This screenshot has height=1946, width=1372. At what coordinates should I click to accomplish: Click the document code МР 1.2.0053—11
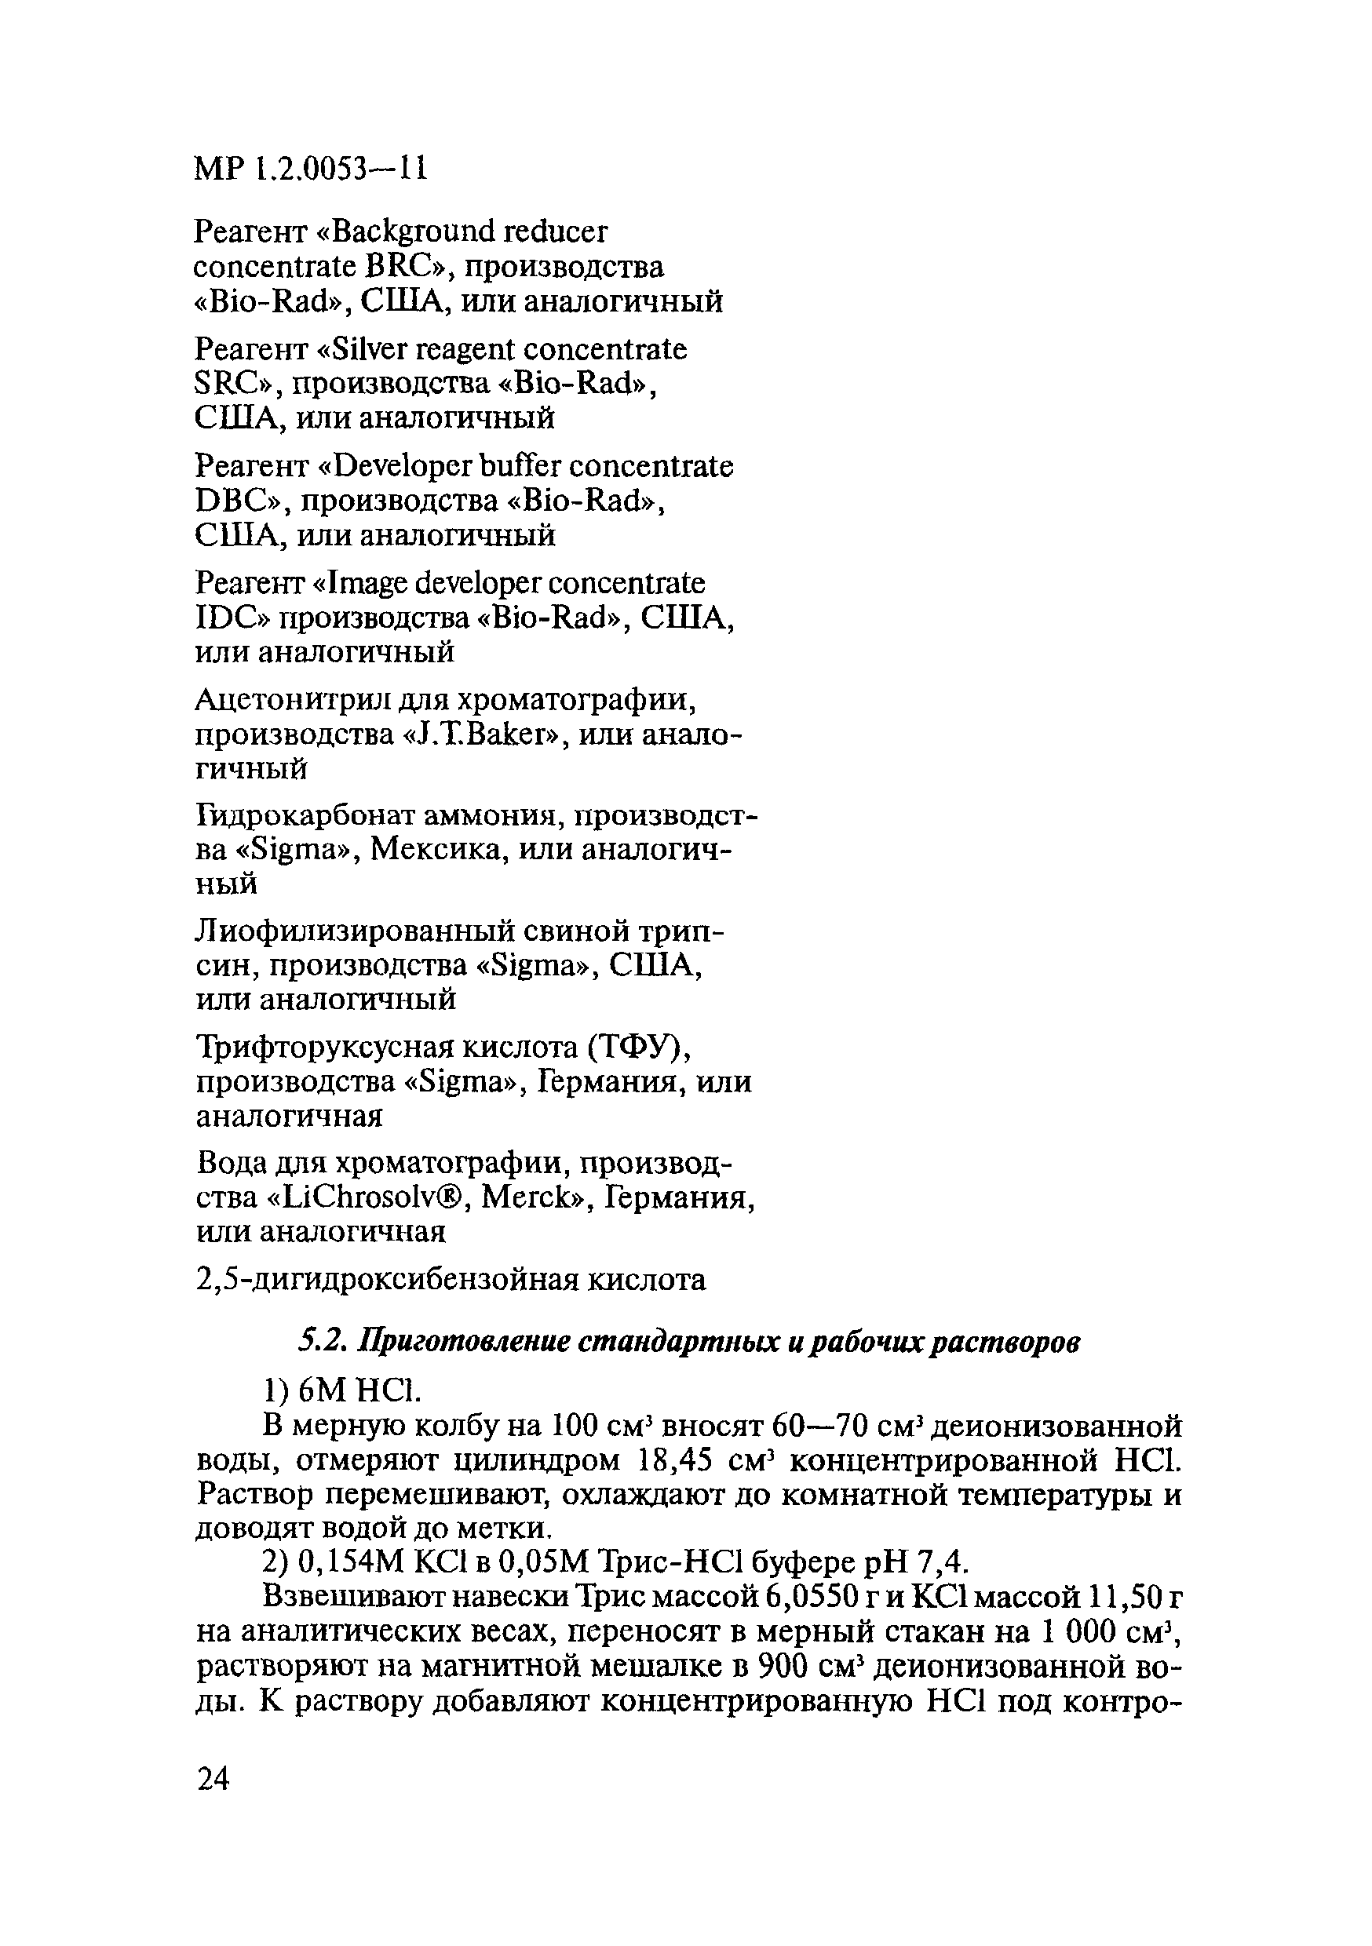(310, 169)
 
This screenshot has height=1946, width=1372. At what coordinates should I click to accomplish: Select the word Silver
(370, 348)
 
